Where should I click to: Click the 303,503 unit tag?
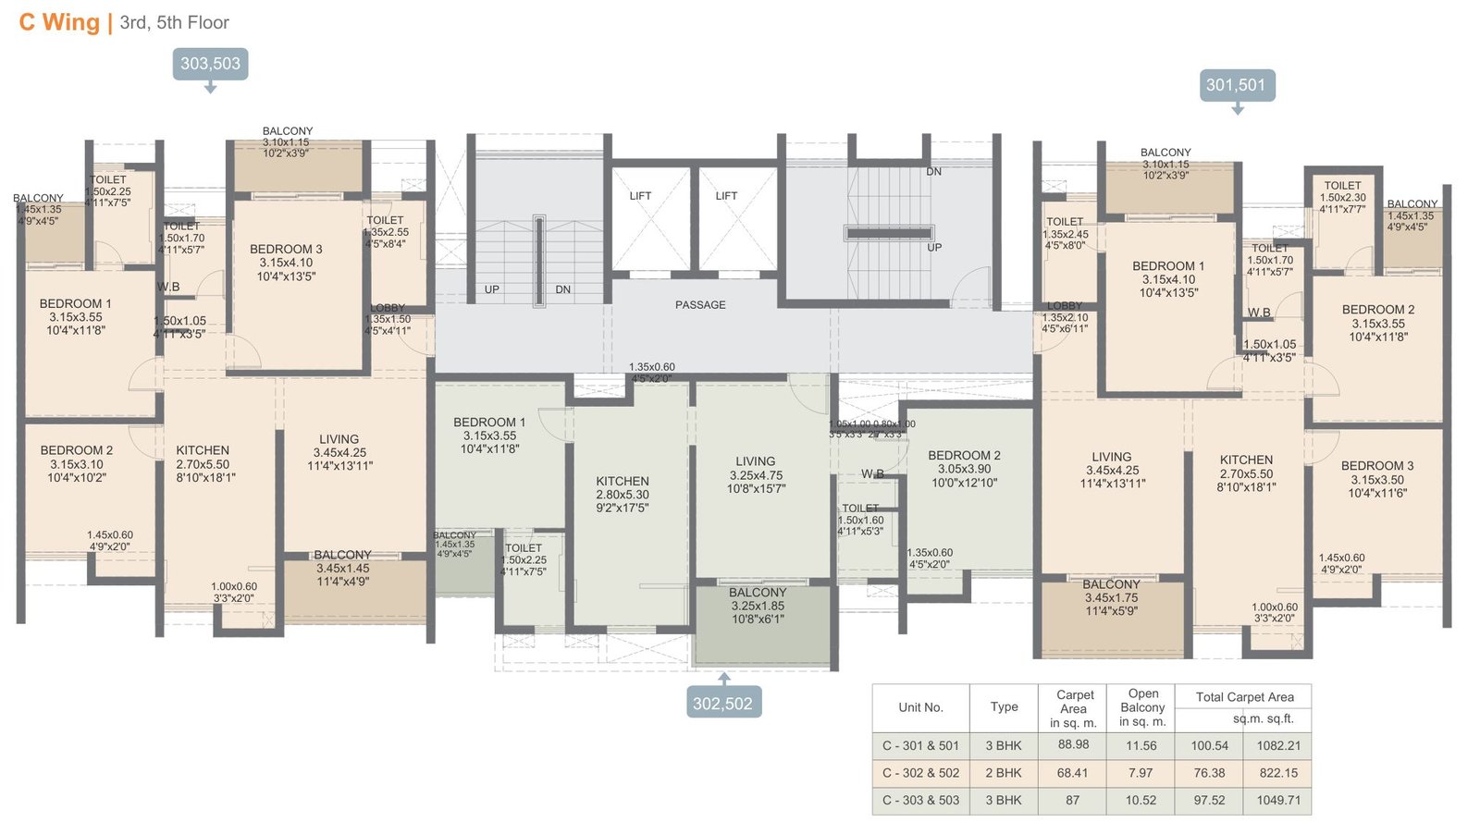tap(210, 64)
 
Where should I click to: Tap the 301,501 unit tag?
tap(1235, 85)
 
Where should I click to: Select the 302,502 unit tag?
tap(722, 703)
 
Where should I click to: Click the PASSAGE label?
tap(700, 305)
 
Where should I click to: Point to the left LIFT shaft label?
tap(640, 196)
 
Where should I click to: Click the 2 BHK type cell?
tap(1004, 773)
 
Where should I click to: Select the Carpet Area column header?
tap(1073, 708)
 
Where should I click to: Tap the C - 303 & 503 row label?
tap(920, 800)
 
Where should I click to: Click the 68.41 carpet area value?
tap(1072, 773)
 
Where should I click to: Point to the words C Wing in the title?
tap(59, 22)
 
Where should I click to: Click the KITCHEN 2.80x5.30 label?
tap(623, 495)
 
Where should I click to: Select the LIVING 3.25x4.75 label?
tap(756, 474)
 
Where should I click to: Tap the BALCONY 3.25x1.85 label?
tap(758, 606)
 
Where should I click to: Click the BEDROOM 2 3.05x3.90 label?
tap(964, 469)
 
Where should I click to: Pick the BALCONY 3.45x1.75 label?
tap(1111, 597)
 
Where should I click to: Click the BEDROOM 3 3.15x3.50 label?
tap(1377, 479)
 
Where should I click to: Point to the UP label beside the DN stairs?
tap(492, 289)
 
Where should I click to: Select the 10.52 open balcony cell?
tap(1141, 800)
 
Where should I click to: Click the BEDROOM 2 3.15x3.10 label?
tap(77, 463)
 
